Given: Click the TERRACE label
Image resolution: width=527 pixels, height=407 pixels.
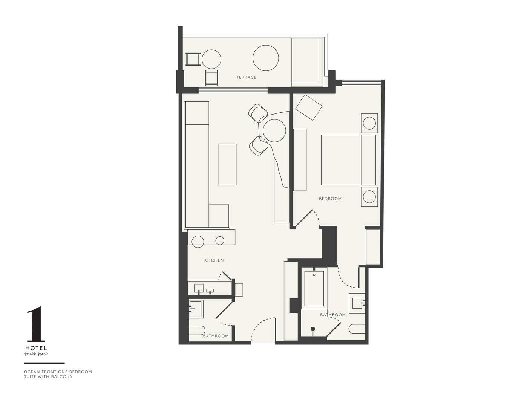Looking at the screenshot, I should tap(246, 77).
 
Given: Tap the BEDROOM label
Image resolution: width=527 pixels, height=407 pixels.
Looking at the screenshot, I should tap(330, 199).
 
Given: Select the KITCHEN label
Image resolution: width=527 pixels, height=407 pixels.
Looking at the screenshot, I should tap(214, 260).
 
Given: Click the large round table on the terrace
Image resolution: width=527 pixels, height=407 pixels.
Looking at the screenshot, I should tap(266, 58).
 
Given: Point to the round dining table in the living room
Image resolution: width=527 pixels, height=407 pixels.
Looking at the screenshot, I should tap(274, 130).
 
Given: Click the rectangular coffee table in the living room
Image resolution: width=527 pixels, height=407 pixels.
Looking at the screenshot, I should tap(227, 164).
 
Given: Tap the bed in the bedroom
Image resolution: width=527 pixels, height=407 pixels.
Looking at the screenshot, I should tap(348, 160).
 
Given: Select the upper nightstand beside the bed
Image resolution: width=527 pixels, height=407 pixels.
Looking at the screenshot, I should tap(369, 123).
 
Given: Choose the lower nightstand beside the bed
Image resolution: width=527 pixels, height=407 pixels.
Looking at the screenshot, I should tap(369, 196).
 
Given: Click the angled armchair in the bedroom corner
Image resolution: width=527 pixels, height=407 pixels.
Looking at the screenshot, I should tap(309, 107).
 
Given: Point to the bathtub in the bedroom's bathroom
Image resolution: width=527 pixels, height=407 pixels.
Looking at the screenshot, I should tap(314, 289).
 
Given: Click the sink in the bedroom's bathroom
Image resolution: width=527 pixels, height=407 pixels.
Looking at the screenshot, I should tap(357, 303).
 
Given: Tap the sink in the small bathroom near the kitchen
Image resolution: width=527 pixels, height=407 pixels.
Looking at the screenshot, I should tap(196, 309).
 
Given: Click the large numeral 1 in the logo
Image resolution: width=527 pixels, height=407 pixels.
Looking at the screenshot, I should tap(36, 324).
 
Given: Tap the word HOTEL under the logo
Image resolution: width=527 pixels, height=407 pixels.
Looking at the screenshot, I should tap(36, 348).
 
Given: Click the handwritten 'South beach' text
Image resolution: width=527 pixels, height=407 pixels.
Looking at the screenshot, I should tap(36, 354).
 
